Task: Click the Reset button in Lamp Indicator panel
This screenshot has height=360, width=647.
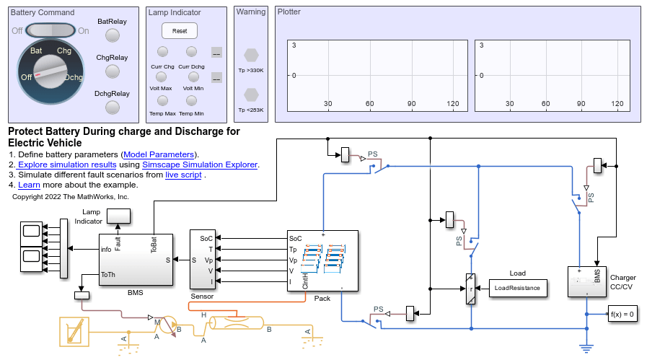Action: pyautogui.click(x=179, y=31)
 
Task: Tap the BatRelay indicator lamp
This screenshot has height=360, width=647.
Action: pyautogui.click(x=112, y=35)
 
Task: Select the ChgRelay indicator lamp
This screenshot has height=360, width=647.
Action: pyautogui.click(x=112, y=71)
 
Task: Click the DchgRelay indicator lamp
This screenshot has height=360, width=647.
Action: pyautogui.click(x=112, y=107)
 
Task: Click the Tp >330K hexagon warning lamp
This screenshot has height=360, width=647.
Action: pyautogui.click(x=251, y=55)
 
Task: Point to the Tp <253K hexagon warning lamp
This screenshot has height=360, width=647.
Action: pyautogui.click(x=251, y=95)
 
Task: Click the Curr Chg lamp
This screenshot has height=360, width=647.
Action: pyautogui.click(x=162, y=52)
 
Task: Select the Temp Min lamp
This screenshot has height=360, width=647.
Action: pyautogui.click(x=191, y=100)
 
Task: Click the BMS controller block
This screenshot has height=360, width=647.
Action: pyautogui.click(x=135, y=260)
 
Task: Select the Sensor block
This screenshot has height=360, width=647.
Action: pyautogui.click(x=202, y=260)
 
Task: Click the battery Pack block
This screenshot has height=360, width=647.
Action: pyautogui.click(x=322, y=260)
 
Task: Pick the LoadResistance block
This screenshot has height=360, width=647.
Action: pyautogui.click(x=517, y=288)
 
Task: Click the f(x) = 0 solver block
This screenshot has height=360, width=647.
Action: pyautogui.click(x=622, y=314)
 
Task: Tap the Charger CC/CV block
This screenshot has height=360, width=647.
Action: pyautogui.click(x=587, y=281)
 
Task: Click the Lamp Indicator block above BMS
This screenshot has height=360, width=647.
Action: pyautogui.click(x=118, y=216)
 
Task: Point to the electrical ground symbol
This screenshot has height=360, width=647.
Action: pyautogui.click(x=586, y=348)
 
